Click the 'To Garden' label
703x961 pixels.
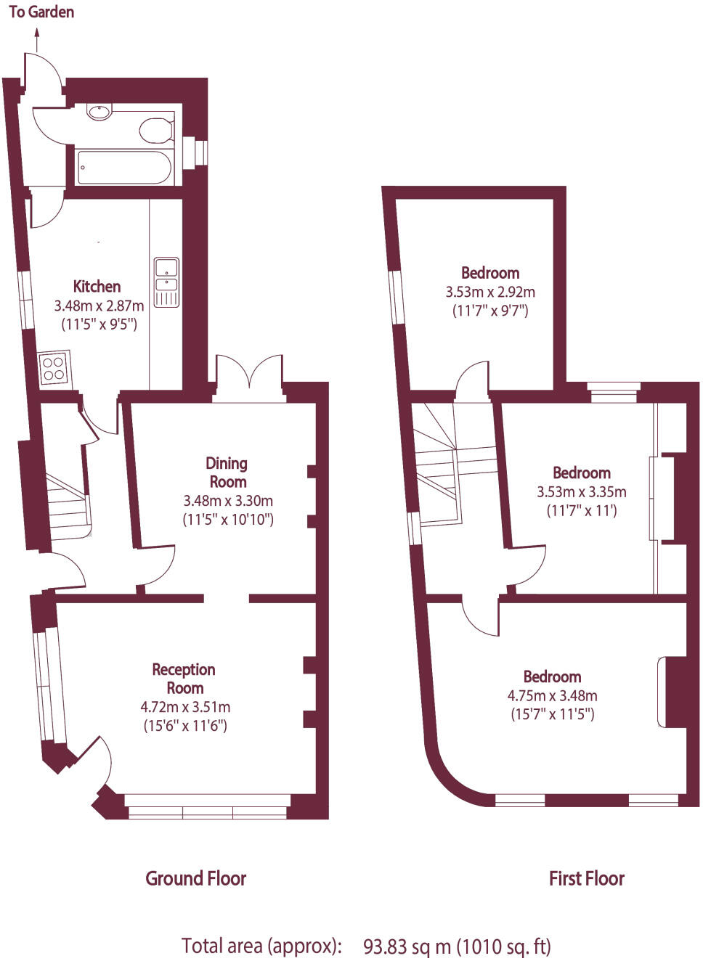41,12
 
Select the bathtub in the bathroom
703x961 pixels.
124,168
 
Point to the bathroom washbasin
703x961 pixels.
99,113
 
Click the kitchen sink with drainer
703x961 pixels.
166,282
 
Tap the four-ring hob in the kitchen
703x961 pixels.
54,367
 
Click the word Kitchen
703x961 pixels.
97,286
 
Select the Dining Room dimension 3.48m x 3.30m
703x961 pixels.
228,501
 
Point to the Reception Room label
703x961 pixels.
184,679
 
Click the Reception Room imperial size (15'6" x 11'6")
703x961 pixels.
185,725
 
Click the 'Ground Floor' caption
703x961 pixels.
196,878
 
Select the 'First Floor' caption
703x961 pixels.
586,878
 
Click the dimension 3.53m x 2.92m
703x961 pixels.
490,292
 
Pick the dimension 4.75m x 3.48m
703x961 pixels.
552,695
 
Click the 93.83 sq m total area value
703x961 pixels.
407,946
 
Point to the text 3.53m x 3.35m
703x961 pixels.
581,492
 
